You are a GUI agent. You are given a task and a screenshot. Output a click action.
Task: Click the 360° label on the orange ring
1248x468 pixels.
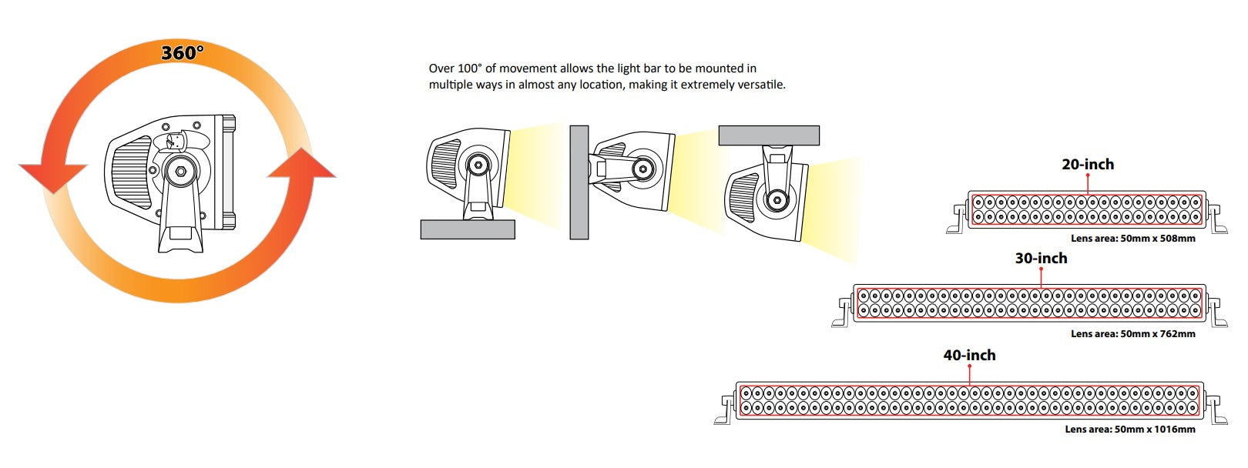click(183, 53)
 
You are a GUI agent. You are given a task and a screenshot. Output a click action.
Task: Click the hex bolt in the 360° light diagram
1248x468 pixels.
click(179, 171)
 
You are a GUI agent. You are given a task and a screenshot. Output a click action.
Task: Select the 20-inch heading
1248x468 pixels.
click(1087, 164)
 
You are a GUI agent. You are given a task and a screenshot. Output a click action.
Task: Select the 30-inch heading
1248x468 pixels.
click(1041, 259)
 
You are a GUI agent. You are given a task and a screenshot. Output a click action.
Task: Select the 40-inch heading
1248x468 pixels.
click(969, 355)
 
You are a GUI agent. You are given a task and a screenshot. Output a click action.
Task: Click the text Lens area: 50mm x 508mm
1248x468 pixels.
click(1132, 239)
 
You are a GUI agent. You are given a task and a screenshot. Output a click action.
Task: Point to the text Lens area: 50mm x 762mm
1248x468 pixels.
click(1132, 334)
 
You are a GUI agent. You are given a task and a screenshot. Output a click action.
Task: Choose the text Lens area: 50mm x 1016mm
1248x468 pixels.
click(1129, 430)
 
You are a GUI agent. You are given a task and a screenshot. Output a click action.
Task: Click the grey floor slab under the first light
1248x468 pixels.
click(468, 229)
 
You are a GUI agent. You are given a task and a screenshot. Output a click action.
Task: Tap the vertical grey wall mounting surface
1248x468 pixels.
click(579, 182)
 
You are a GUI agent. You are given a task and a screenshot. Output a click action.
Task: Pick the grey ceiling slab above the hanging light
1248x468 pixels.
click(768, 136)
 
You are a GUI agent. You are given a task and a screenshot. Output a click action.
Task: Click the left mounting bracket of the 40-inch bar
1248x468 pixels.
click(725, 409)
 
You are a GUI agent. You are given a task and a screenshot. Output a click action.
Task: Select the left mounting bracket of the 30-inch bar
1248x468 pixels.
click(842, 313)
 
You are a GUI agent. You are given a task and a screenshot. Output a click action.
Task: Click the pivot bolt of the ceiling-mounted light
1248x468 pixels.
click(777, 200)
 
